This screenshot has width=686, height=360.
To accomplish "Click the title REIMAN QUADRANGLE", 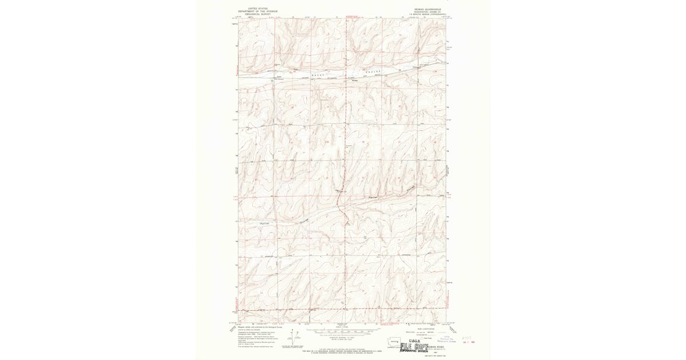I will (428, 9).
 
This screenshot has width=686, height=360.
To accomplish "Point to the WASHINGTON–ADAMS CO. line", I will (428, 11).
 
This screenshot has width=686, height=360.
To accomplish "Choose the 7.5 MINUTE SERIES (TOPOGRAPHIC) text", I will (428, 14).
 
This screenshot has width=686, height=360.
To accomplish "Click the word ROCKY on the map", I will (318, 75).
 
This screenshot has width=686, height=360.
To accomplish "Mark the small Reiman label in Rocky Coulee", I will (354, 80).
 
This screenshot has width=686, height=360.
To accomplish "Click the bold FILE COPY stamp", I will (414, 346).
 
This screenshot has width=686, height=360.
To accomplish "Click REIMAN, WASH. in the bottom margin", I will (436, 346).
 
